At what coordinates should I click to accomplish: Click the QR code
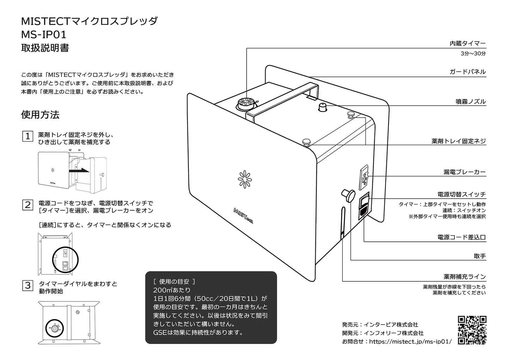tap(472, 330)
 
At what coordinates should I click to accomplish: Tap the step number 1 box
tap(28, 136)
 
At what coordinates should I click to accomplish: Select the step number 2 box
tap(28, 205)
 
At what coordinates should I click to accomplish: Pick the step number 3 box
tap(28, 285)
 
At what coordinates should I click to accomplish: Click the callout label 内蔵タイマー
tap(468, 43)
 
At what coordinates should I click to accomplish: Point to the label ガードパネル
tap(468, 72)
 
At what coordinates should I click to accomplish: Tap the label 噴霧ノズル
tap(471, 101)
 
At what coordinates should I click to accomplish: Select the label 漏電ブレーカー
tap(465, 172)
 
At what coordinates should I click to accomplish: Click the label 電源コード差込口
tap(461, 237)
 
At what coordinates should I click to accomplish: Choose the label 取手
tap(480, 256)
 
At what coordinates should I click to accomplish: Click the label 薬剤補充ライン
tap(465, 277)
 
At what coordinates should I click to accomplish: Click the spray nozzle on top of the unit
tap(322, 107)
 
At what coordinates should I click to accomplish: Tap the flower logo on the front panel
tap(245, 179)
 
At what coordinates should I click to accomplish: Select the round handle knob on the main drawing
tap(348, 195)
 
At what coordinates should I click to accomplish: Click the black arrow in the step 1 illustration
tap(79, 170)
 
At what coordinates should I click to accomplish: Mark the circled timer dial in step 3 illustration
tap(55, 328)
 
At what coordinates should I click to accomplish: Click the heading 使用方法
tap(40, 115)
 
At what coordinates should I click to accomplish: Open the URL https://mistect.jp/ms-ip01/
tap(410, 341)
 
